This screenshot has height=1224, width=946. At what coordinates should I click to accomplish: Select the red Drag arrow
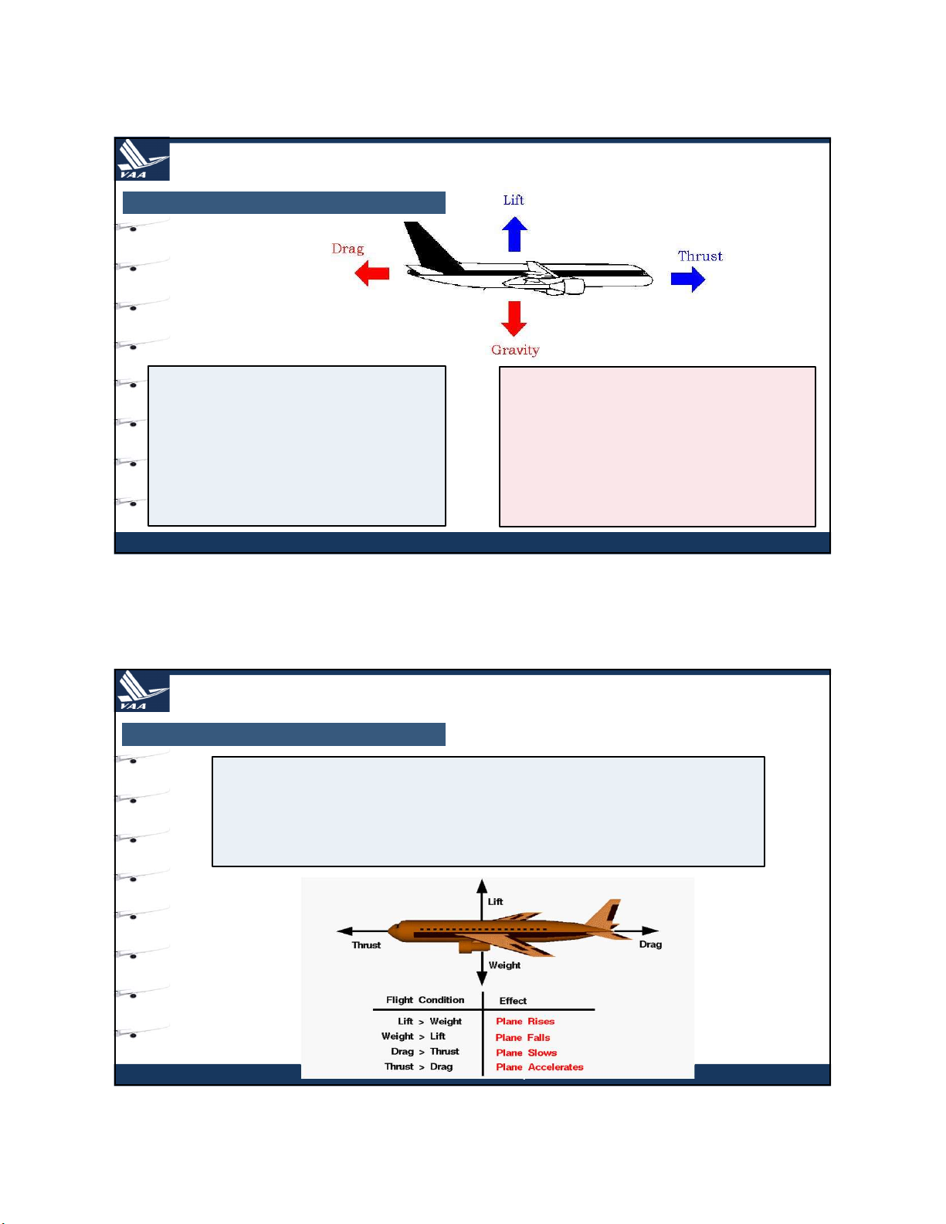(371, 273)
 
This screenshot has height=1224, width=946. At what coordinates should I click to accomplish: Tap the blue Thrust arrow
(687, 279)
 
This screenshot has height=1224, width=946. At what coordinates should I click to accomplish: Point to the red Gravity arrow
(514, 318)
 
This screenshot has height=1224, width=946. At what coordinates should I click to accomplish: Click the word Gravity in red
(515, 351)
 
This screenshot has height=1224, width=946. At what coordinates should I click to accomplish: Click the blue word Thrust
(700, 256)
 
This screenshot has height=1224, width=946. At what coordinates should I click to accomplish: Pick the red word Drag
(348, 249)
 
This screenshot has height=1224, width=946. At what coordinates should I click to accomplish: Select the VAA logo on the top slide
(142, 159)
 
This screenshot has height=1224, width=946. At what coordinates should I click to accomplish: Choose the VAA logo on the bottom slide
(142, 690)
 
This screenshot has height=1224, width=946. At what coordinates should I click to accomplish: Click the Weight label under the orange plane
(504, 965)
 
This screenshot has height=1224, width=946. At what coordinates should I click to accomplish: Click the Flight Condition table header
(426, 1000)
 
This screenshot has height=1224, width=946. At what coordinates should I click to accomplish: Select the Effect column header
(513, 1000)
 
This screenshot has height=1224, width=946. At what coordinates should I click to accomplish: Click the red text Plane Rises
(525, 1021)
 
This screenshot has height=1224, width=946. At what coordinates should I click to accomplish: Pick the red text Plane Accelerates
(540, 1066)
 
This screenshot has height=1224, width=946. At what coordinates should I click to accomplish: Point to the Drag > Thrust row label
(425, 1051)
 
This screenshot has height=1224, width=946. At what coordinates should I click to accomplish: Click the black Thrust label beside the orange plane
(366, 945)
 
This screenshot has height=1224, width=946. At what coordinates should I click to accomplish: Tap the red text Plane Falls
(523, 1038)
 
